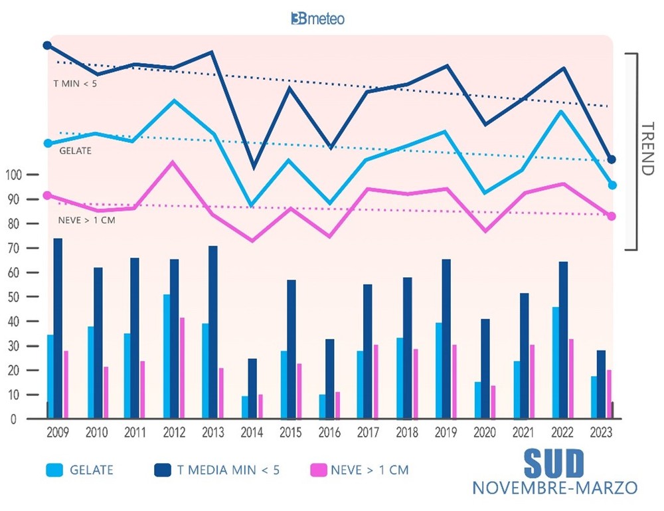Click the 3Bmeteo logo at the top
(317, 19)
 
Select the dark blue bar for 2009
(58, 328)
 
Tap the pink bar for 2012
(181, 368)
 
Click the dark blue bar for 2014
(252, 389)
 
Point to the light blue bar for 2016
(322, 407)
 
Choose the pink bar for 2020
(493, 402)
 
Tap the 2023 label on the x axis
(602, 433)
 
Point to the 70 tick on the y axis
(13, 248)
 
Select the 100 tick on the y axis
(13, 175)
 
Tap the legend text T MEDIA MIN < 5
(228, 470)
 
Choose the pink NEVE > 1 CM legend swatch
(319, 470)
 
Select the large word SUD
(554, 461)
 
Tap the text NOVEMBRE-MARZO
(554, 487)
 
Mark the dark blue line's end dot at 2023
(612, 159)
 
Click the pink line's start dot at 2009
(47, 195)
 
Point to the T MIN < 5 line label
(75, 84)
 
